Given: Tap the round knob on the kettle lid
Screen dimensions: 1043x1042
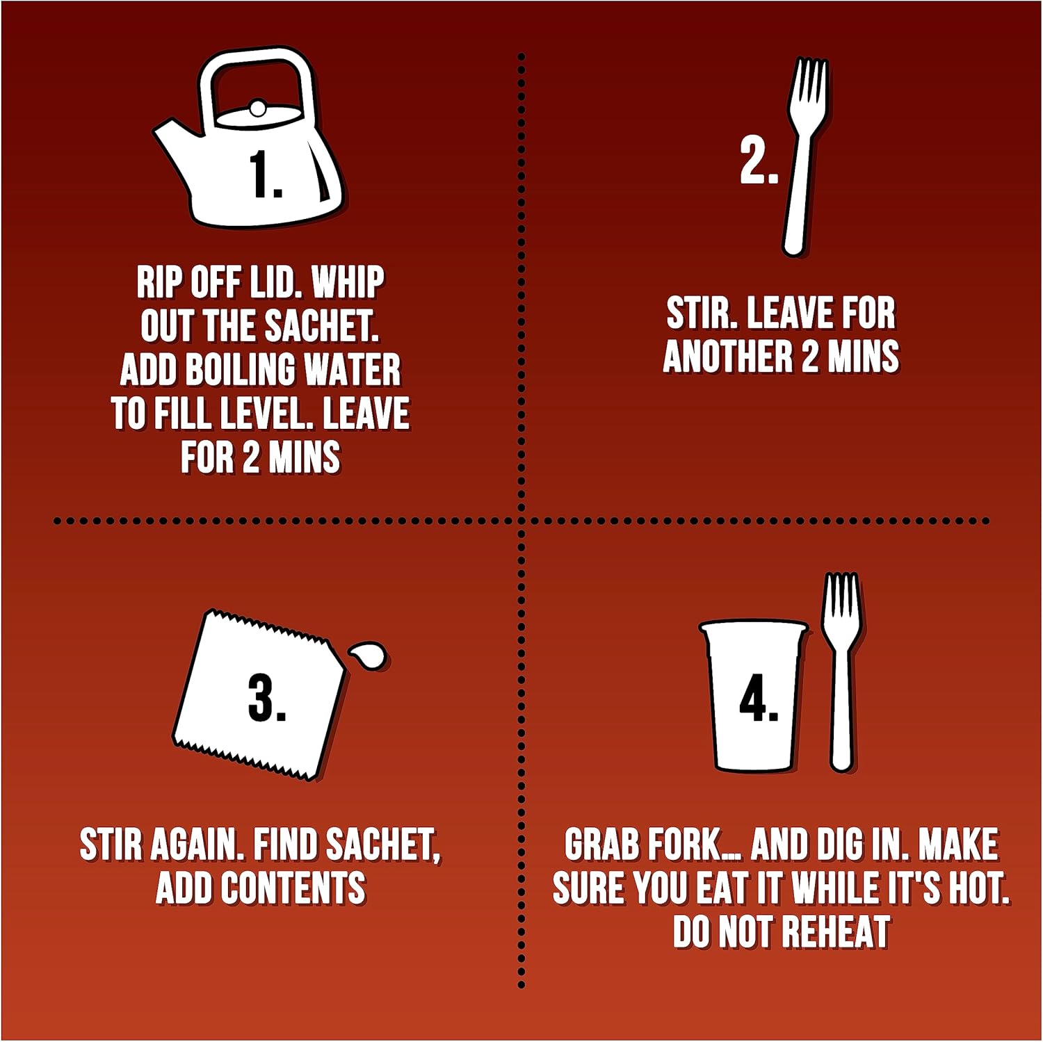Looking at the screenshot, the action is pyautogui.click(x=257, y=108).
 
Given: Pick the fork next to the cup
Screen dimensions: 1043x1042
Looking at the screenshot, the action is pyautogui.click(x=841, y=671).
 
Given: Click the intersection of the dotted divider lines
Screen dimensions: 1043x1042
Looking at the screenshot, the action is pyautogui.click(x=521, y=521).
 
